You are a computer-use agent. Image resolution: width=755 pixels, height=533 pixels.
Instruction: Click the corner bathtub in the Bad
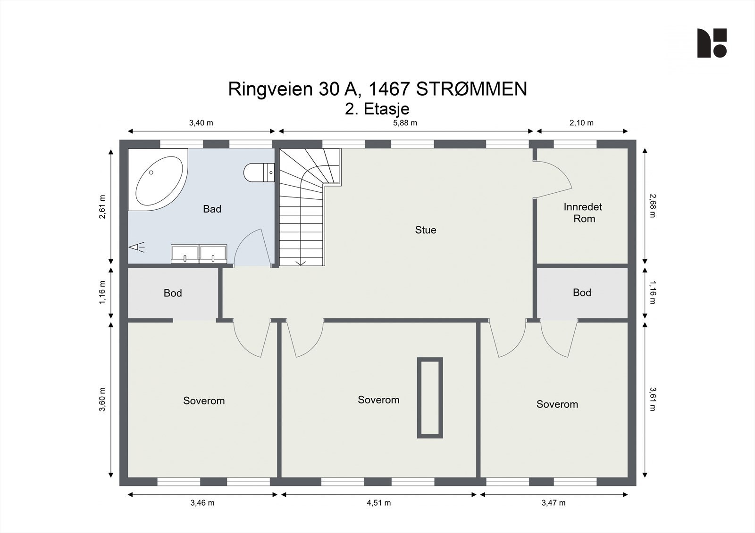click(158, 180)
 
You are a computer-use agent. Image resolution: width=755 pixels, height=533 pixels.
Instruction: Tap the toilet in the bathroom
click(259, 173)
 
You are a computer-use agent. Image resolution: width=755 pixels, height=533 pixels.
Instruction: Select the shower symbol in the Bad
click(137, 247)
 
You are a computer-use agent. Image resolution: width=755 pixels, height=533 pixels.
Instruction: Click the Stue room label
click(425, 230)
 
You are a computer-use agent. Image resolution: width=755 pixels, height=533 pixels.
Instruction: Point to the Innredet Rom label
click(583, 213)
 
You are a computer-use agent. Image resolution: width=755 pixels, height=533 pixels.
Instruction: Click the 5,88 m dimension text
click(405, 123)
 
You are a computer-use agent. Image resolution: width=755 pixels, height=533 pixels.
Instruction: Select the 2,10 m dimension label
click(581, 123)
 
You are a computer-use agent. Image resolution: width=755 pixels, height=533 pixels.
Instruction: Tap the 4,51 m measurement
click(378, 503)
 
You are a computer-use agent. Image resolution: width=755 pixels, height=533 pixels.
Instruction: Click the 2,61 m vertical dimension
click(102, 207)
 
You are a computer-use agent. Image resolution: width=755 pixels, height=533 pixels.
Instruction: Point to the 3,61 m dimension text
click(653, 399)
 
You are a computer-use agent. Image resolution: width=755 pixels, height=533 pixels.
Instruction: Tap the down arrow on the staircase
click(301, 262)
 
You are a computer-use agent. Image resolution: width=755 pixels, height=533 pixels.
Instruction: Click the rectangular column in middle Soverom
click(430, 398)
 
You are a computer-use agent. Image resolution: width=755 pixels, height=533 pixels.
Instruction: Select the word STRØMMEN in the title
click(471, 89)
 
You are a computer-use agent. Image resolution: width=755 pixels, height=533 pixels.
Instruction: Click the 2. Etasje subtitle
click(377, 109)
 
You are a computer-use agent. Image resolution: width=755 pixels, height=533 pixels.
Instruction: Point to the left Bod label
click(173, 293)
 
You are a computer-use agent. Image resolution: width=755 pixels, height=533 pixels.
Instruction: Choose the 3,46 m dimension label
click(202, 503)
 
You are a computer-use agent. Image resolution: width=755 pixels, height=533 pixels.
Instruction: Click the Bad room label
click(212, 209)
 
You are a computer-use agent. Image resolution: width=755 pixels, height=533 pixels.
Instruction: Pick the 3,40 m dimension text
click(201, 123)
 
